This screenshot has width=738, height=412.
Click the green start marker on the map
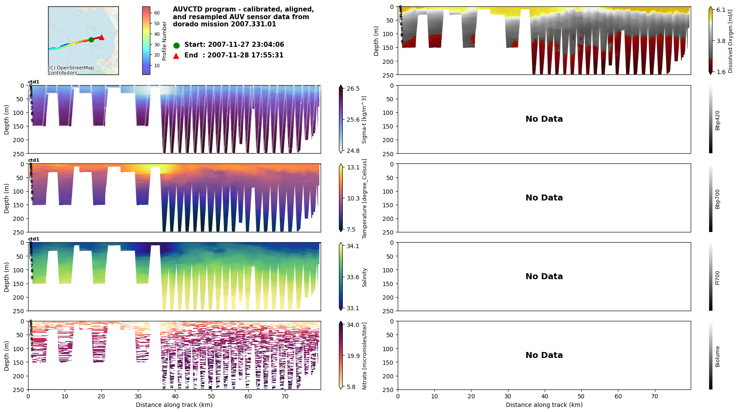tap(91, 40)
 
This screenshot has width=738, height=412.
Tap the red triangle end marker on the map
tap(101, 37)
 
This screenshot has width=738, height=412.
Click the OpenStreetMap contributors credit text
tap(71, 70)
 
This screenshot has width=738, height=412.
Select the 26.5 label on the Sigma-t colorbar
tap(353, 89)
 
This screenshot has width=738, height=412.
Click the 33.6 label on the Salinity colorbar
tap(353, 277)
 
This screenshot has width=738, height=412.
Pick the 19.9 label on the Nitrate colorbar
tap(353, 356)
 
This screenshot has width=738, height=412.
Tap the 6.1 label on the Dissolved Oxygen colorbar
tap(721, 10)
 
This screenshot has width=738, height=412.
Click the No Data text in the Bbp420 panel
tap(544, 119)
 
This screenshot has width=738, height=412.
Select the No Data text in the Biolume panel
tap(544, 355)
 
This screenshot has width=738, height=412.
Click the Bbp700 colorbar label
tap(718, 199)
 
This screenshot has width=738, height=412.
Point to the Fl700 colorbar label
tap(718, 278)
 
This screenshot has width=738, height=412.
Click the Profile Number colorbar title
tap(164, 41)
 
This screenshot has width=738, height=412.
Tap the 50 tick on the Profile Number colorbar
tap(157, 24)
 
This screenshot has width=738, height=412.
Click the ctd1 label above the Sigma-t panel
tap(34, 82)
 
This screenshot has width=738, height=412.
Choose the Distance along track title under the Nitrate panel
tap(174, 405)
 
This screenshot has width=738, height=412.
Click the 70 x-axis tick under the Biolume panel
tap(655, 396)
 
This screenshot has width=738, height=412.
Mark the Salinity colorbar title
tap(365, 278)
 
